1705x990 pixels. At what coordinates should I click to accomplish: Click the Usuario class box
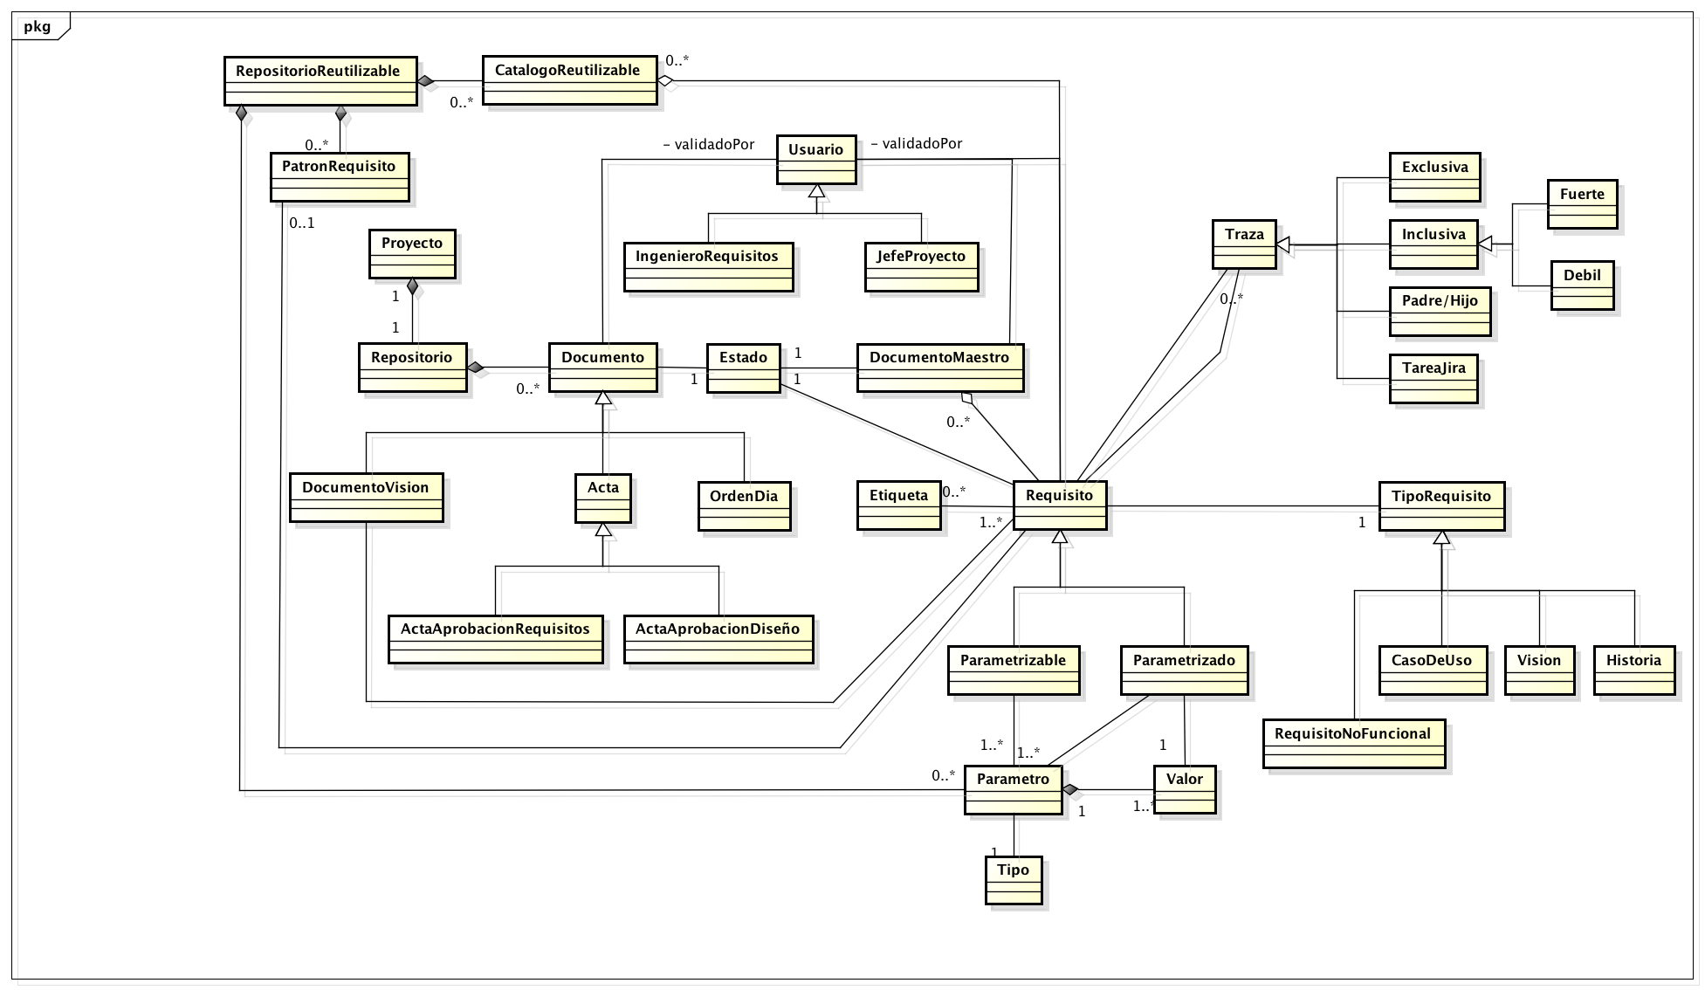816,159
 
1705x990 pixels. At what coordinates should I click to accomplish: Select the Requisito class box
1060,505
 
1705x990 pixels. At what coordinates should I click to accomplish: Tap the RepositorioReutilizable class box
320,81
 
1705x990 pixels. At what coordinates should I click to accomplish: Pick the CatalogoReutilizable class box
569,80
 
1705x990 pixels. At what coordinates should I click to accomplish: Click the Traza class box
1245,244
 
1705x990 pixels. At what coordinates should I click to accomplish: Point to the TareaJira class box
1433,378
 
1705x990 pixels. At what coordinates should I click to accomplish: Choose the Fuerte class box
1582,204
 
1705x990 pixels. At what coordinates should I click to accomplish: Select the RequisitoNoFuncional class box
1353,744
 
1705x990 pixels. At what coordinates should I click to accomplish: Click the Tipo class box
1014,880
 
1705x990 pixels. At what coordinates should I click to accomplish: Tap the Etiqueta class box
899,505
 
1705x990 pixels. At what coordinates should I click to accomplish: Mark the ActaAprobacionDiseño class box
718,639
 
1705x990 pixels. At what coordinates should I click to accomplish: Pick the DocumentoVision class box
366,498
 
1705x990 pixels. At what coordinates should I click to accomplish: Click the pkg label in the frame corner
37,26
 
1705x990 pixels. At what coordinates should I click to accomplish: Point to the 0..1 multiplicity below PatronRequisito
302,223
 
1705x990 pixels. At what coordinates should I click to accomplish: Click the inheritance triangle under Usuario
816,191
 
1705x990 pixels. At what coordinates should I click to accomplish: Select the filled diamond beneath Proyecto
412,285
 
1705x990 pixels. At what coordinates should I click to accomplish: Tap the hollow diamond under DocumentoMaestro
966,398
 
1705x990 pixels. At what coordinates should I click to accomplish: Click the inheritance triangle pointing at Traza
1284,244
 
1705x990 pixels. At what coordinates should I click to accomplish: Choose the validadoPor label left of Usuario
708,144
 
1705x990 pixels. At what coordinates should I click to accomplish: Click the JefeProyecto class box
921,267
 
